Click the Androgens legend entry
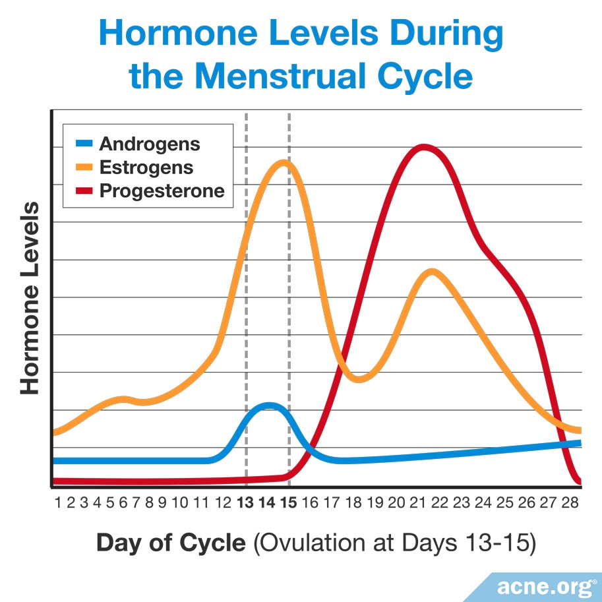(x=149, y=144)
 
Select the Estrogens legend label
(x=146, y=167)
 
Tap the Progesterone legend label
(x=162, y=191)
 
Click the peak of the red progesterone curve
(x=422, y=147)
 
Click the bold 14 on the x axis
(x=266, y=503)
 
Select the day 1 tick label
(x=58, y=503)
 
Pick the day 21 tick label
(x=417, y=503)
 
